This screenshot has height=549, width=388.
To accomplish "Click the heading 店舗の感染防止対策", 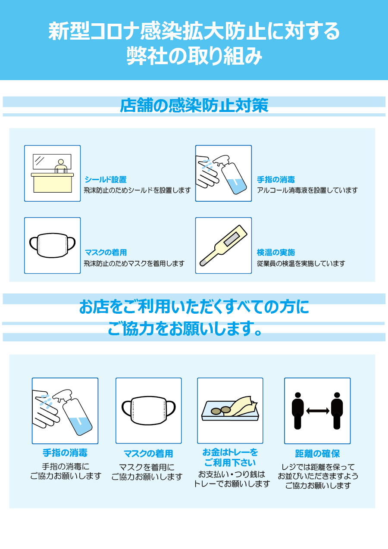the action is pyautogui.click(x=194, y=106).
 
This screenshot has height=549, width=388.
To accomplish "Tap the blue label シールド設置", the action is pyautogui.click(x=106, y=180).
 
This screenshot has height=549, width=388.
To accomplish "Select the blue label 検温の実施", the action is pyautogui.click(x=276, y=252).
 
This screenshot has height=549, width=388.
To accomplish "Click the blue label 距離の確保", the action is pyautogui.click(x=317, y=454).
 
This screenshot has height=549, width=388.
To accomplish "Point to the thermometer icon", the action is pyautogui.click(x=223, y=246).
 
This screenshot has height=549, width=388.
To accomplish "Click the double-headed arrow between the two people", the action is pyautogui.click(x=318, y=411).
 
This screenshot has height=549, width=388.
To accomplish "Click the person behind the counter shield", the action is pyautogui.click(x=61, y=166).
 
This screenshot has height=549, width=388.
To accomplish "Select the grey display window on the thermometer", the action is pyautogui.click(x=232, y=239).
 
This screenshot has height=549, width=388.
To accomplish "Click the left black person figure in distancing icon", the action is pyautogui.click(x=298, y=411).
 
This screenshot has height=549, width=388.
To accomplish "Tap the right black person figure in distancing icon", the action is pyautogui.click(x=337, y=411).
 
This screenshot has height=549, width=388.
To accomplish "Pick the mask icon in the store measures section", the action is pyautogui.click(x=52, y=245).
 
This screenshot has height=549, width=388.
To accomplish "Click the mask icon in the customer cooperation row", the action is pyautogui.click(x=149, y=411).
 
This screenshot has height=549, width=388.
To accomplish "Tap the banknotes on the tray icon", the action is pyautogui.click(x=241, y=406).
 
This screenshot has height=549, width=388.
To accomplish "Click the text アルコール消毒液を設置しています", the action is pyautogui.click(x=307, y=190).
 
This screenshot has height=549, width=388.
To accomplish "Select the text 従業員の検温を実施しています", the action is pyautogui.click(x=301, y=263).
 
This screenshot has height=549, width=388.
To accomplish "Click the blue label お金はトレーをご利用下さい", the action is pyautogui.click(x=230, y=458).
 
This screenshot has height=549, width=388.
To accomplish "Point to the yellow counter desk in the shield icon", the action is pyautogui.click(x=52, y=183).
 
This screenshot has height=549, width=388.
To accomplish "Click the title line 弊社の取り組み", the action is pyautogui.click(x=194, y=56).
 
